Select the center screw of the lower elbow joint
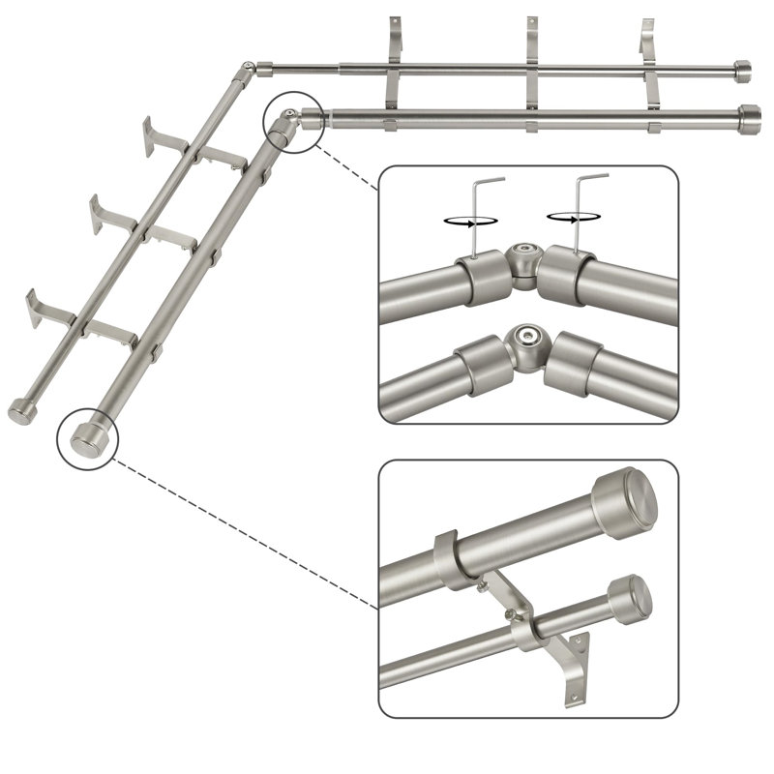[528, 338]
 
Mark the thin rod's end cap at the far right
[742, 71]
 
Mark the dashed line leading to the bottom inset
[242, 532]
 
